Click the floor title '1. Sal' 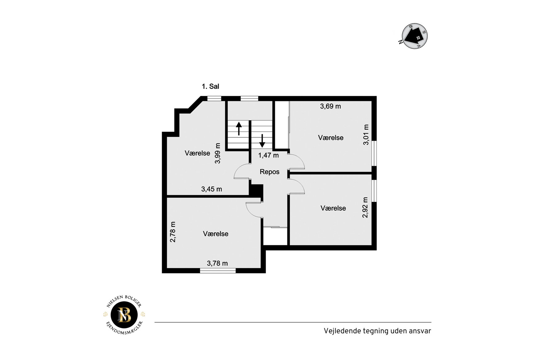[x=210, y=86]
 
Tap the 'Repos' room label [x=270, y=172]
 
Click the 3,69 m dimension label [x=330, y=106]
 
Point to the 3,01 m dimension [x=366, y=134]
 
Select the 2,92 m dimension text [x=365, y=207]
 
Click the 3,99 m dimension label [x=218, y=153]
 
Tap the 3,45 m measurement [x=212, y=189]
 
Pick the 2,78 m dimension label [x=173, y=232]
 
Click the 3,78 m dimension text [x=217, y=263]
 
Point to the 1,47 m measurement [x=268, y=155]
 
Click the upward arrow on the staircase [x=239, y=129]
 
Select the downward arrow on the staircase [x=262, y=141]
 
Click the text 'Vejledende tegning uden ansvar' [x=377, y=331]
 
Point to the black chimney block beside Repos [x=256, y=191]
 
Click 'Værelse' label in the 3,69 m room [x=331, y=138]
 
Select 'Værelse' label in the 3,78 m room [x=216, y=234]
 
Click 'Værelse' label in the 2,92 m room [x=333, y=208]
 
